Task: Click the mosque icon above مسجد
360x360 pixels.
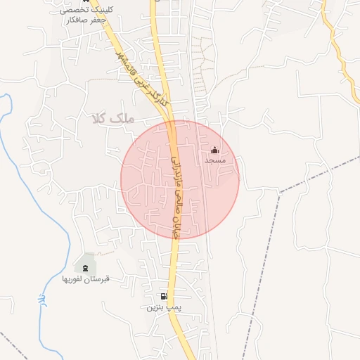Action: [214, 150]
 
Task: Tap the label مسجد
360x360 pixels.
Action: [214, 161]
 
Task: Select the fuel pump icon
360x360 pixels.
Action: [164, 297]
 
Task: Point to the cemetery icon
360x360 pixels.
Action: [86, 268]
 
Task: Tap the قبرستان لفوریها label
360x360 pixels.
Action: [86, 278]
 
